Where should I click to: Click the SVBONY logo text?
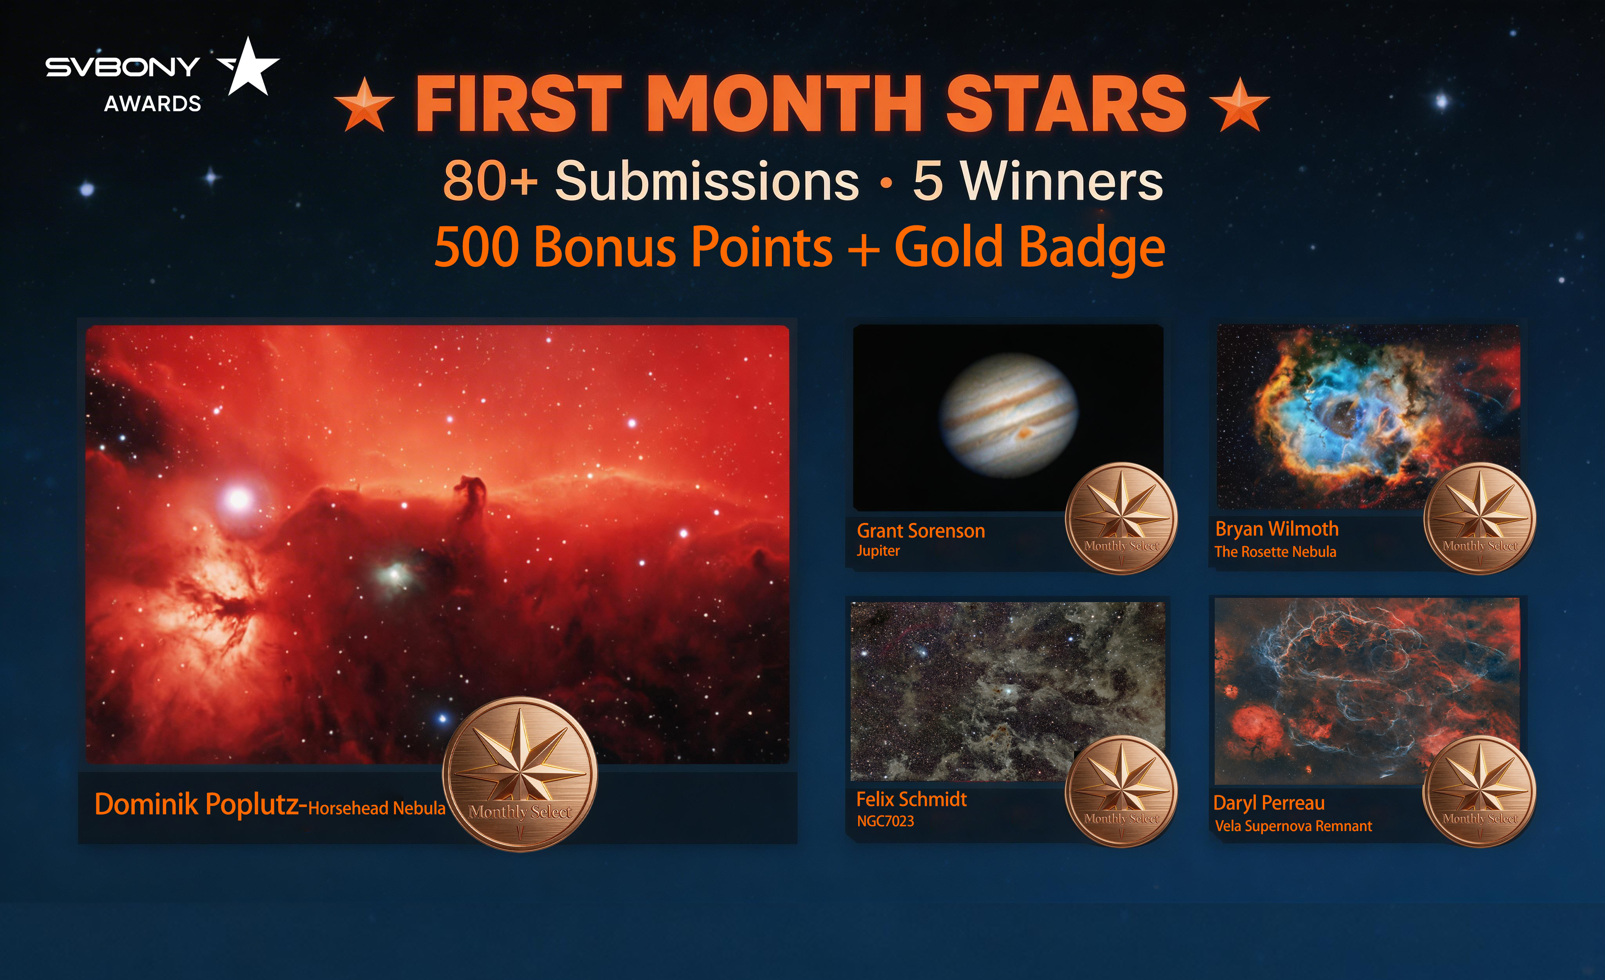pyautogui.click(x=123, y=67)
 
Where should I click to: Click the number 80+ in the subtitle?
pyautogui.click(x=490, y=181)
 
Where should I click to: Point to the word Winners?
pyautogui.click(x=1062, y=181)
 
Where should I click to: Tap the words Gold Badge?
pyautogui.click(x=1029, y=248)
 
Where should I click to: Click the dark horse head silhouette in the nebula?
pyautogui.click(x=472, y=495)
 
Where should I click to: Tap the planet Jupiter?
pyautogui.click(x=1008, y=415)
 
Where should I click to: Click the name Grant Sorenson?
pyautogui.click(x=920, y=531)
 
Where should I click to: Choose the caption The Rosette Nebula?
pyautogui.click(x=1275, y=552)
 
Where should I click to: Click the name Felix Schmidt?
pyautogui.click(x=911, y=800)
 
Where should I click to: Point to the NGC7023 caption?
pyautogui.click(x=885, y=821)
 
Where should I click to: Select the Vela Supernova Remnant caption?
pyautogui.click(x=1293, y=826)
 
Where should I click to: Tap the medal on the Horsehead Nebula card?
pyautogui.click(x=520, y=774)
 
